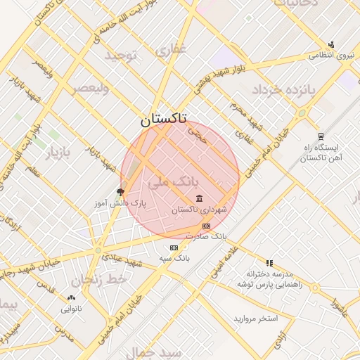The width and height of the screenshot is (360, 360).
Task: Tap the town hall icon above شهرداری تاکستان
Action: [200, 198]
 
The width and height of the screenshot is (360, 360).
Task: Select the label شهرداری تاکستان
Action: [200, 210]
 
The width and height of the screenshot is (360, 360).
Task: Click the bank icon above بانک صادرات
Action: [206, 226]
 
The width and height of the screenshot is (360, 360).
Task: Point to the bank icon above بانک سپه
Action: [174, 247]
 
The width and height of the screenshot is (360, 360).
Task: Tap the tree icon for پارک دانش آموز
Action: [120, 191]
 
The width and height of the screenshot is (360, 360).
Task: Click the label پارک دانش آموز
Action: [120, 203]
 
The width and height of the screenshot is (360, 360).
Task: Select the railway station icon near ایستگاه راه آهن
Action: [321, 136]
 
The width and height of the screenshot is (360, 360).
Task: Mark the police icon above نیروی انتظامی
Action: [331, 44]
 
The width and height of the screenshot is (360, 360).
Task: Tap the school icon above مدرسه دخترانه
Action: [269, 262]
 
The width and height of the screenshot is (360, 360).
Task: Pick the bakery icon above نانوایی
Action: [71, 297]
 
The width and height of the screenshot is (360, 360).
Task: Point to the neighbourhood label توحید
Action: [124, 54]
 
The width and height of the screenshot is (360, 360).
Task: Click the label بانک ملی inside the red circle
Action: [169, 182]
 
